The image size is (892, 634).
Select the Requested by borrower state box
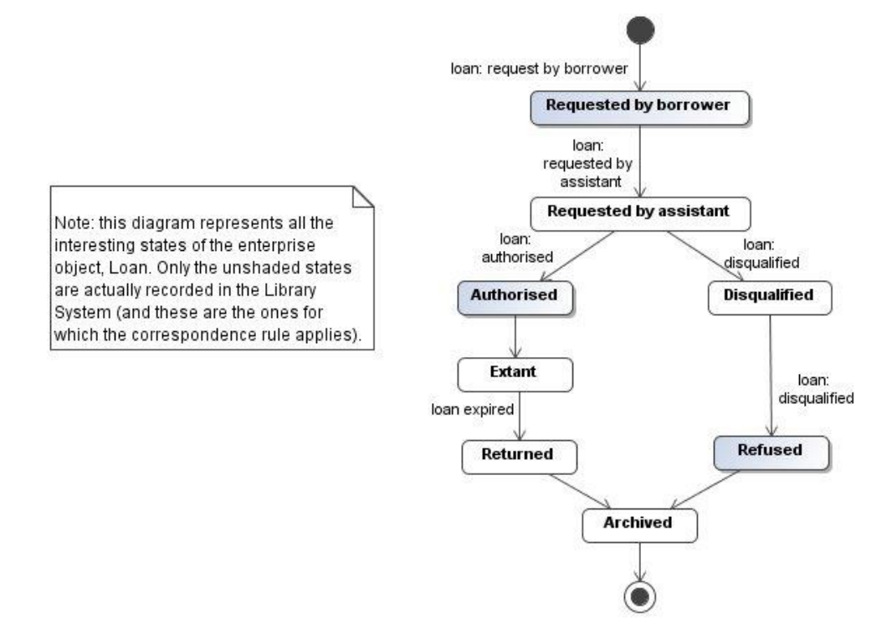pyautogui.click(x=639, y=106)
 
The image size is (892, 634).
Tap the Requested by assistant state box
pyautogui.click(x=639, y=212)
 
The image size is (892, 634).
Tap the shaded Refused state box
pyautogui.click(x=769, y=450)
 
